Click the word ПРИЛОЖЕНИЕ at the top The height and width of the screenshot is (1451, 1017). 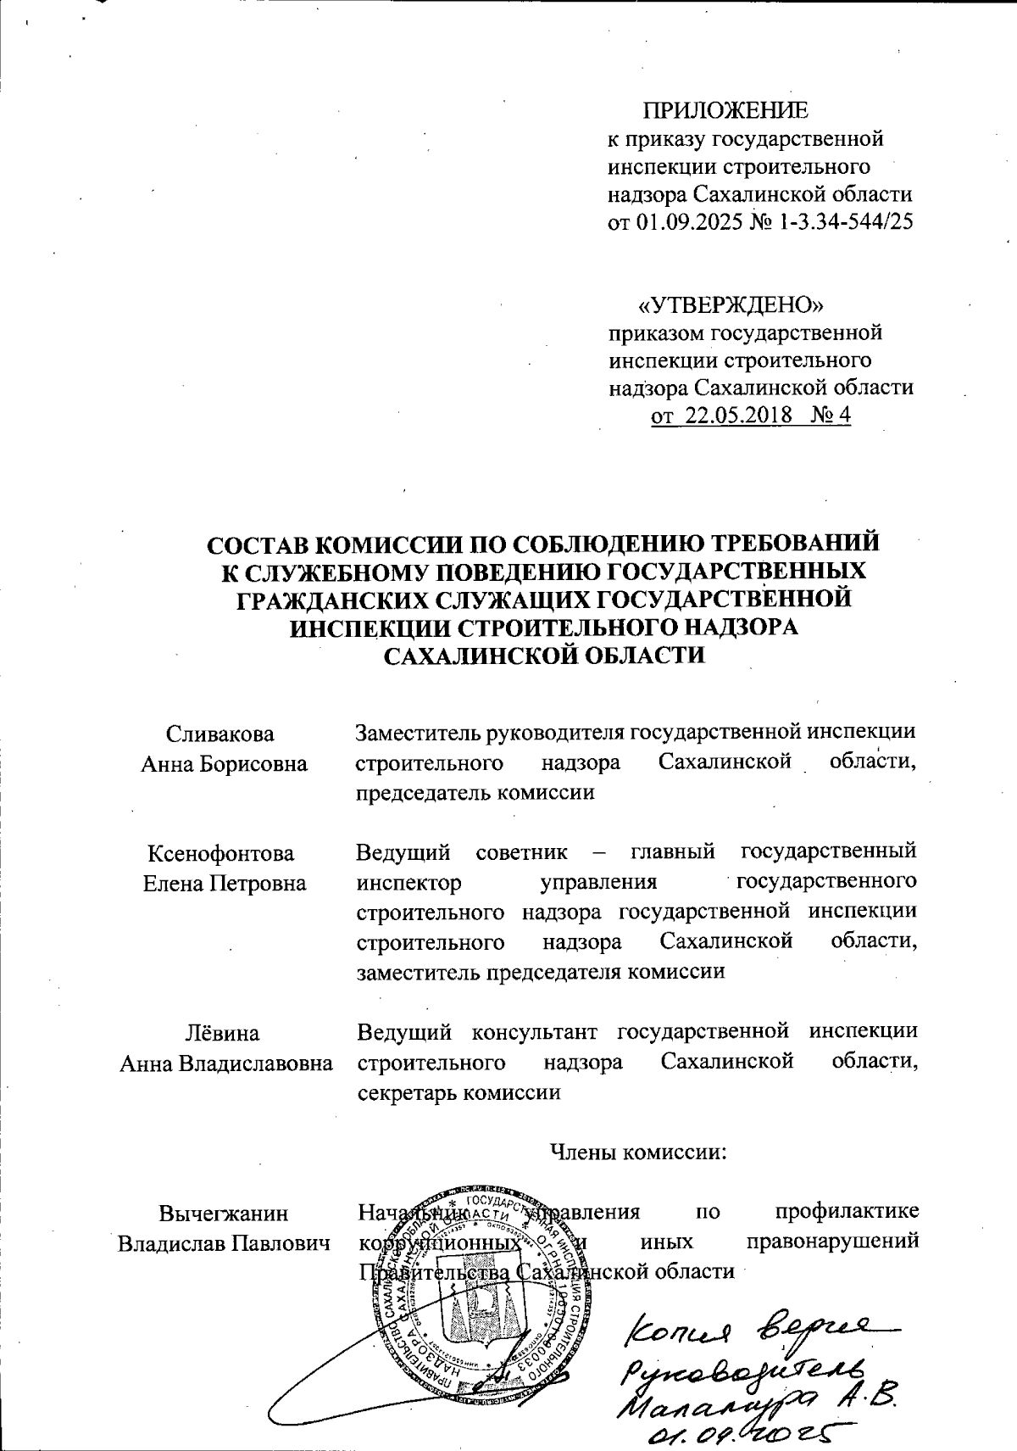tap(725, 111)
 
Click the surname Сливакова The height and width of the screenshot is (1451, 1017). tap(220, 734)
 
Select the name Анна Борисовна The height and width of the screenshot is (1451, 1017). tap(224, 763)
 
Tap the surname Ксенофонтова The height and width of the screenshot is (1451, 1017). tap(222, 852)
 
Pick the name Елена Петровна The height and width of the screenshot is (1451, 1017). tap(224, 883)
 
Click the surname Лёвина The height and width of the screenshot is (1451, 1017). tap(223, 1033)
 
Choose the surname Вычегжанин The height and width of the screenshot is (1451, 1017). tap(224, 1213)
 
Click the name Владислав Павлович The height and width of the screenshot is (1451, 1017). tap(224, 1243)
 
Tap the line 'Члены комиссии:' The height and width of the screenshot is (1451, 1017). tap(639, 1152)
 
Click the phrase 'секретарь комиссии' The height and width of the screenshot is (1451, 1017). tap(458, 1092)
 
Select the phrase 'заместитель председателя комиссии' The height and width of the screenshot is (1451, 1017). tap(542, 972)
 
